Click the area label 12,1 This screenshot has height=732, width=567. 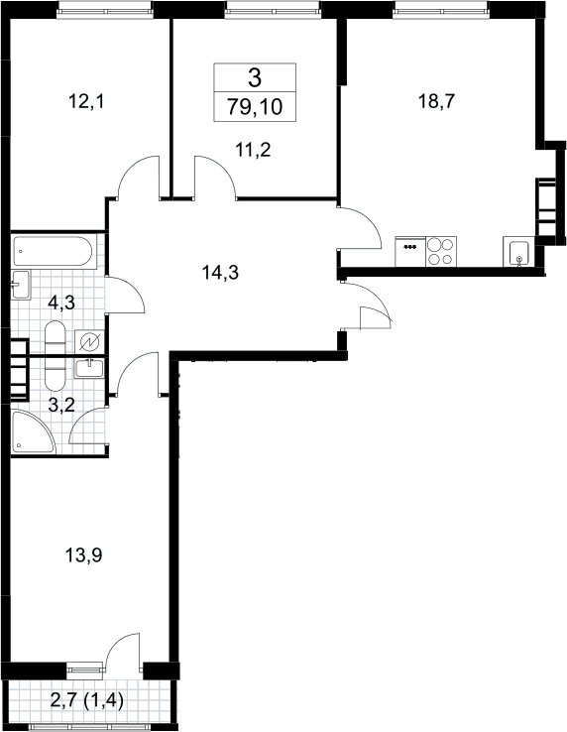point(86,101)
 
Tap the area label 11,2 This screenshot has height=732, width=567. point(254,151)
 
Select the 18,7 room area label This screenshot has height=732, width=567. point(436,101)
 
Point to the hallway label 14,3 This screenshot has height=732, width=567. point(220,272)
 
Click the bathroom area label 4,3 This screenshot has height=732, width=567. point(61,303)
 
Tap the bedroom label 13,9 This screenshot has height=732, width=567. point(83,555)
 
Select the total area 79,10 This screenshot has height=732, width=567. point(256,107)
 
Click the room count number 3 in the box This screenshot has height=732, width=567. point(255,78)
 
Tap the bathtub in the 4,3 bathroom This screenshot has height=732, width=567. point(54,252)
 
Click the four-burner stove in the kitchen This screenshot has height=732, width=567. point(441,252)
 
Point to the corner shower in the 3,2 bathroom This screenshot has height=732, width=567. point(31,431)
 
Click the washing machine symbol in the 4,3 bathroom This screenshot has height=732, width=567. point(89,342)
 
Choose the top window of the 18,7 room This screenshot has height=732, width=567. point(440,9)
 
